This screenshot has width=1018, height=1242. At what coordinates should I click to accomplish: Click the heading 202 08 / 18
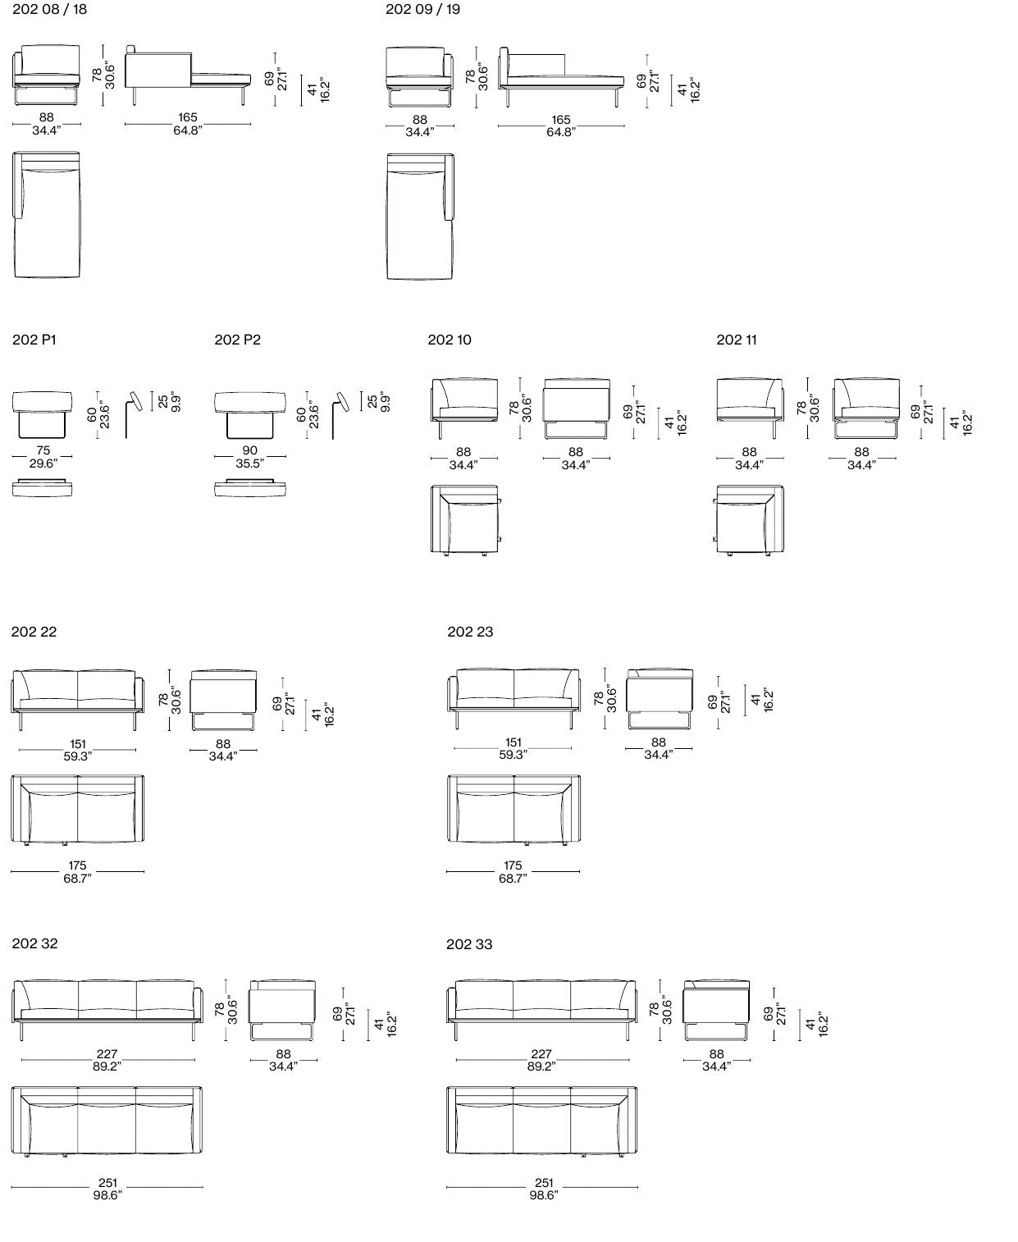click(x=49, y=9)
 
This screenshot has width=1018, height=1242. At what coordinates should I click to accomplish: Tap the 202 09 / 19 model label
click(x=422, y=9)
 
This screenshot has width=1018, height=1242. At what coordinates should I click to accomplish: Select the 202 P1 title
click(x=34, y=340)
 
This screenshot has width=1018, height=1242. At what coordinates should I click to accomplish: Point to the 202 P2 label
click(x=237, y=340)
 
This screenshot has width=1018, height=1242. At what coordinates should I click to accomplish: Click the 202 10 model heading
click(x=450, y=340)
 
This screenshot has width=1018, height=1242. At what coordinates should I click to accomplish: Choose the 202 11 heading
click(x=736, y=340)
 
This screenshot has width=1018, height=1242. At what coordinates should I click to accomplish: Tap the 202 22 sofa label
click(x=34, y=632)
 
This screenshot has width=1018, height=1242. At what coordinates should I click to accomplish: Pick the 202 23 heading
click(x=470, y=632)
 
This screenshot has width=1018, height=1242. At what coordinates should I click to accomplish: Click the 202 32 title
click(x=34, y=943)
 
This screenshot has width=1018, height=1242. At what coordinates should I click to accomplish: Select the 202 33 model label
click(x=469, y=944)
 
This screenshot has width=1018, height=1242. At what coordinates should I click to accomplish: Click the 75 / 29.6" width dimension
click(x=43, y=457)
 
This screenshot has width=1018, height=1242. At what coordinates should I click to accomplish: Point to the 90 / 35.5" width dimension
click(x=249, y=457)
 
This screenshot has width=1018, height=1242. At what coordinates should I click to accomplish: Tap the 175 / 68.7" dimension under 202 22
click(x=77, y=871)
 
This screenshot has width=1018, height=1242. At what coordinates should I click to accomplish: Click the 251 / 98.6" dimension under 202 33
click(x=542, y=1189)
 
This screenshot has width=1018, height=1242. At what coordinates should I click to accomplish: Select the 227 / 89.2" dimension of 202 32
click(x=107, y=1060)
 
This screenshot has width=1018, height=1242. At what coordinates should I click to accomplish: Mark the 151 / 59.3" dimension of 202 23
click(x=513, y=748)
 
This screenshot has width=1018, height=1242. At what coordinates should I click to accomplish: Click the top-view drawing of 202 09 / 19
click(x=420, y=216)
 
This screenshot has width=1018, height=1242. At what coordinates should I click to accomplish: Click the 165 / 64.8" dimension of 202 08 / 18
click(x=188, y=124)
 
